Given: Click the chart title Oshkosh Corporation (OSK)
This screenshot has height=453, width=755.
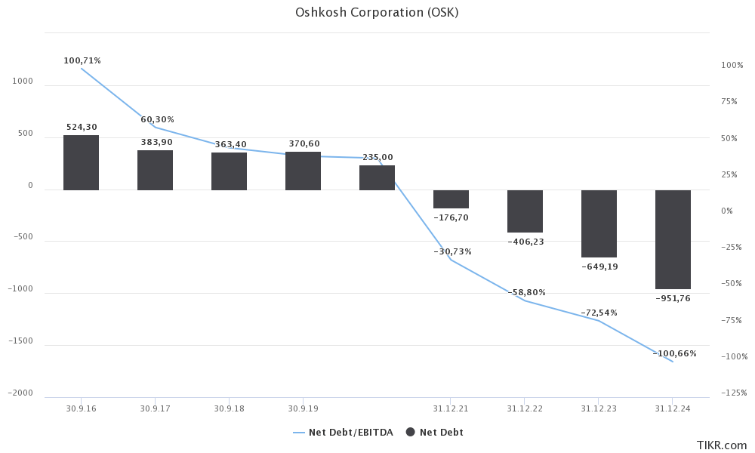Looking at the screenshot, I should (x=377, y=13).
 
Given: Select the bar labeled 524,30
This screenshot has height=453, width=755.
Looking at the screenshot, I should (x=81, y=162).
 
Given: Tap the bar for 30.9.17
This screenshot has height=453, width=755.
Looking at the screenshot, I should (x=155, y=170).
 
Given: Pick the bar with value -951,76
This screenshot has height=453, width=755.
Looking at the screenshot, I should (x=673, y=239).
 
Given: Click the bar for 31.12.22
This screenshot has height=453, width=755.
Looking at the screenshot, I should (x=525, y=211).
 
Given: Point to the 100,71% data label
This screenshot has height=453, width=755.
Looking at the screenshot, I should (x=82, y=60).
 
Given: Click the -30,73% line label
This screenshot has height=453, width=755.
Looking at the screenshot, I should (x=452, y=251).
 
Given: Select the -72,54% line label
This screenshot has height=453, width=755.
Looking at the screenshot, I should (x=599, y=313).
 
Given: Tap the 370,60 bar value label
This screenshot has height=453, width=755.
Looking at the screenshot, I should (x=304, y=143).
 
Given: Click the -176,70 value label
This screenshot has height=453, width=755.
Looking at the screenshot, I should (x=451, y=217).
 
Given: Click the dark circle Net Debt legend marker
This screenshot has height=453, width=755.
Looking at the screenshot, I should (x=411, y=433).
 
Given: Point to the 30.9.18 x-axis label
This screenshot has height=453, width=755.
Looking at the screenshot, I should (x=229, y=408).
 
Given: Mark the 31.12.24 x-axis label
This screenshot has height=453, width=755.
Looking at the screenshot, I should (x=673, y=408).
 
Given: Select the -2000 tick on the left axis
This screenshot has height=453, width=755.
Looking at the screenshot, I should (x=21, y=393).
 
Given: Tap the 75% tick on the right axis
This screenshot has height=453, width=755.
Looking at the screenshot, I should (x=729, y=102).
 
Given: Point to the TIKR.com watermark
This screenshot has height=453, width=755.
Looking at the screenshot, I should (x=721, y=445).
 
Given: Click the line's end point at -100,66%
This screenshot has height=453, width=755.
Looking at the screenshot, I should (x=673, y=362).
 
